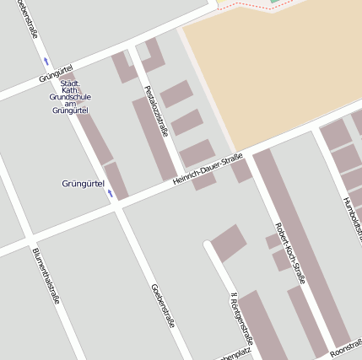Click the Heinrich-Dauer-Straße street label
[208, 169]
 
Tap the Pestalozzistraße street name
[155, 110]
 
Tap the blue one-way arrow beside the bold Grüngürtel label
[109, 194]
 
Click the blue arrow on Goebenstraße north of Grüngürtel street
[46, 61]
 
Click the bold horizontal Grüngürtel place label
[83, 183]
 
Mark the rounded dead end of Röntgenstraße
[207, 246]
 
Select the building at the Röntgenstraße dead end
[228, 242]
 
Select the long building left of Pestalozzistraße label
[154, 139]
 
